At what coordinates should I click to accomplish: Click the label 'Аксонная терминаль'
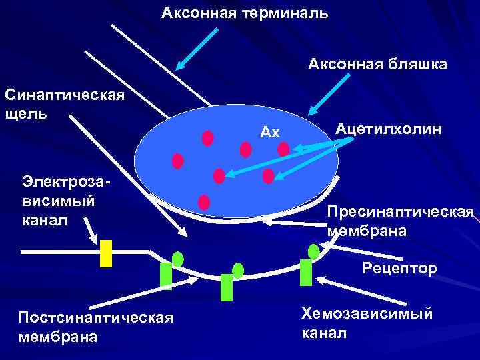[x=245, y=13]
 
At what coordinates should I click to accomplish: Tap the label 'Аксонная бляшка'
[x=377, y=64]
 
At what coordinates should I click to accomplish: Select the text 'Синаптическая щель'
[x=64, y=103]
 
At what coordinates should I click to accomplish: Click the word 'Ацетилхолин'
[x=389, y=128]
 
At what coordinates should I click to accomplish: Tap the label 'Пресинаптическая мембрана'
[x=400, y=221]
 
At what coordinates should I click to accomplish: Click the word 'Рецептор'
[x=400, y=269]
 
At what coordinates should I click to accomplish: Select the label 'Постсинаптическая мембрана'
[x=96, y=326]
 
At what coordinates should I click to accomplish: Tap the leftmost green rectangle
[x=166, y=276]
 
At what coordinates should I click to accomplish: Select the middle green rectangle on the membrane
[x=227, y=287]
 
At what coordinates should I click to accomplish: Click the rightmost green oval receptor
[x=313, y=251]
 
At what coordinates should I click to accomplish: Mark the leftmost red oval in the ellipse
[x=178, y=161]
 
